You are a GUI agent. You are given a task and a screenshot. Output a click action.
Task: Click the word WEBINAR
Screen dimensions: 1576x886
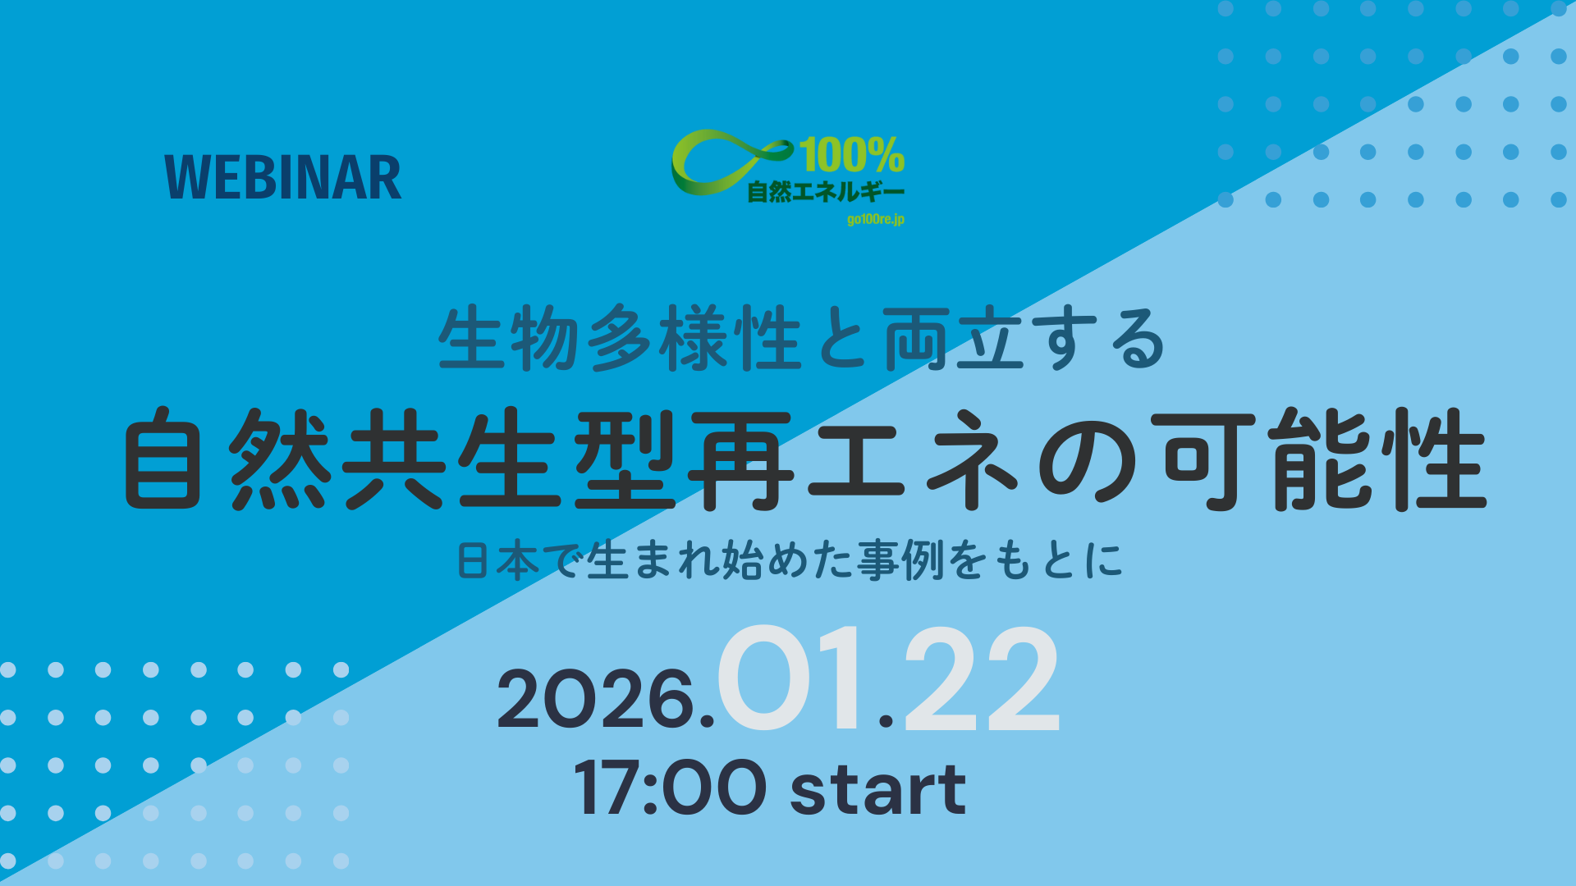(x=283, y=178)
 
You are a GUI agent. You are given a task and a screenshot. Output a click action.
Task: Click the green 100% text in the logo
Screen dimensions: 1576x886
(x=852, y=155)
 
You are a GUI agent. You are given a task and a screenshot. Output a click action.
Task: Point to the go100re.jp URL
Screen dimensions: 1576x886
(x=876, y=219)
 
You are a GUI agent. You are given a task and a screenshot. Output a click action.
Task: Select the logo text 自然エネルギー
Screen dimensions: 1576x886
(x=826, y=192)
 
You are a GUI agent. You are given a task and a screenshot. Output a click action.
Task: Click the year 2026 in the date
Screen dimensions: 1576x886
(x=597, y=699)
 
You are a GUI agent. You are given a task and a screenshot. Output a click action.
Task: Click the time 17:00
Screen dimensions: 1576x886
(x=670, y=788)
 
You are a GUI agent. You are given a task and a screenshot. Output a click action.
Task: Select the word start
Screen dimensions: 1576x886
(x=878, y=788)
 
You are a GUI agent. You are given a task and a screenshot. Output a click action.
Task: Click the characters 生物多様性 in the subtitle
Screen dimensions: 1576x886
(x=620, y=338)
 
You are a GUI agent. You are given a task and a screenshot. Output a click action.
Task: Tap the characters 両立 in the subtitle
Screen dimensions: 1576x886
(x=952, y=338)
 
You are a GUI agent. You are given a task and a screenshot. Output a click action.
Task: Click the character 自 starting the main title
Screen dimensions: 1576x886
(x=163, y=459)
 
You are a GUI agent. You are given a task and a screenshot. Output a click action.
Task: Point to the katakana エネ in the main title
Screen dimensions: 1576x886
(x=915, y=459)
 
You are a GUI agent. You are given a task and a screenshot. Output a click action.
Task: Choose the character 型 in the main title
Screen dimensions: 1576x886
(x=624, y=459)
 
